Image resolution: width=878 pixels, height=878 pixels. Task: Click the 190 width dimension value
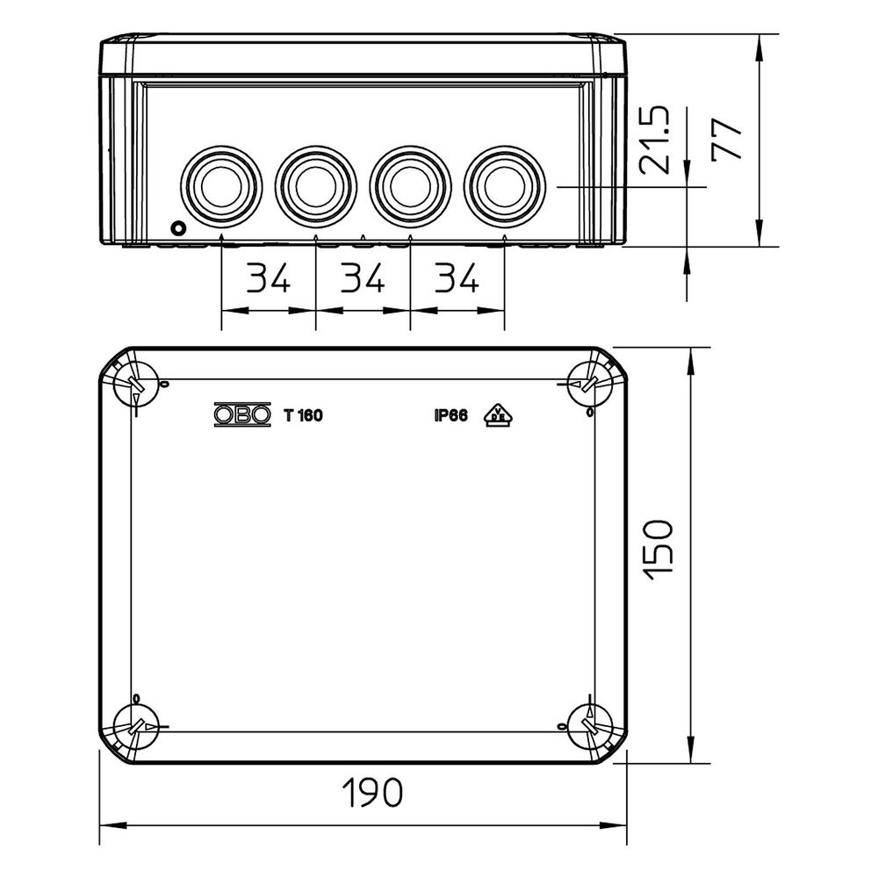click(372, 792)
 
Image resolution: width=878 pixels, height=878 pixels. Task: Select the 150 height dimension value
click(657, 550)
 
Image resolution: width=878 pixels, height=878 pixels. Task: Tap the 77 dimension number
click(727, 140)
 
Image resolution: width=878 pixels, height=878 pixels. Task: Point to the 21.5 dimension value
click(654, 140)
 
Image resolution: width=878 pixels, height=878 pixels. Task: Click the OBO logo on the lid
click(242, 415)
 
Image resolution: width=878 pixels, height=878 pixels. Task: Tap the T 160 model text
click(303, 415)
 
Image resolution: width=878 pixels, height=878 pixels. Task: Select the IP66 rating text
click(450, 415)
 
